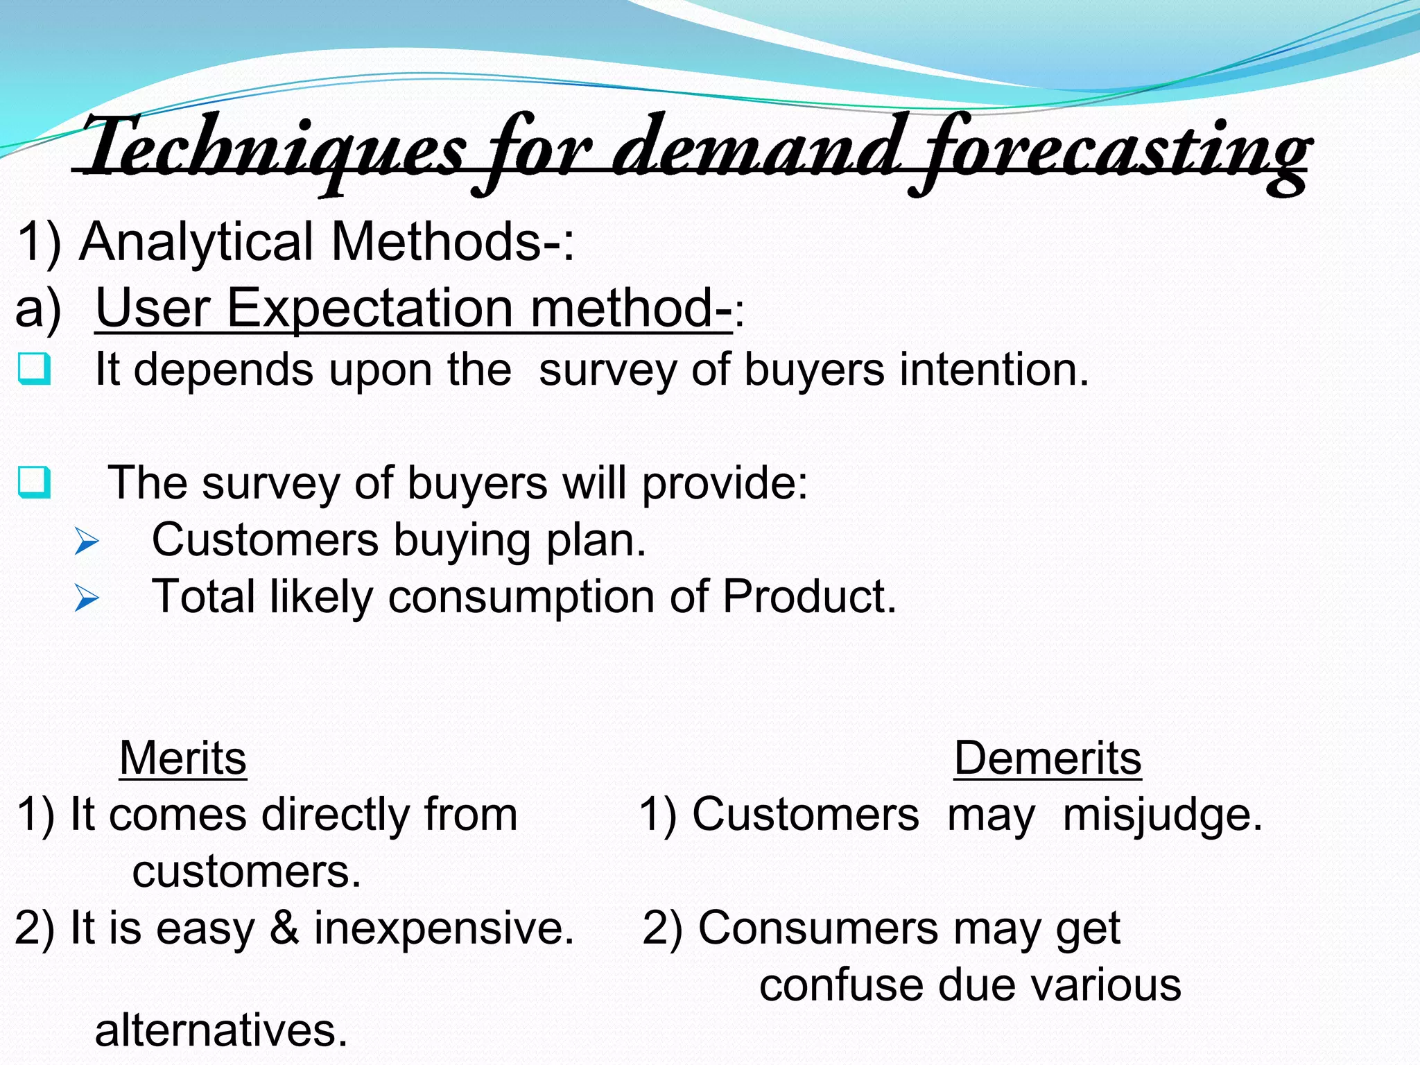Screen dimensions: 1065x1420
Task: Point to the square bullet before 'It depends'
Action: pyautogui.click(x=34, y=368)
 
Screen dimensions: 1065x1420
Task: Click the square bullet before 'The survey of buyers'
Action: pyautogui.click(x=34, y=483)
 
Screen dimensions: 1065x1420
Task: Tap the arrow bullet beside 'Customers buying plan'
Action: pyautogui.click(x=87, y=541)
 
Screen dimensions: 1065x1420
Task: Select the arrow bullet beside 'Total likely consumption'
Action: pyautogui.click(x=87, y=598)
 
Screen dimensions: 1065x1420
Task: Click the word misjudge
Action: pyautogui.click(x=1162, y=815)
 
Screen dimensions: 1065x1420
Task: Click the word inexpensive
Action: pyautogui.click(x=444, y=929)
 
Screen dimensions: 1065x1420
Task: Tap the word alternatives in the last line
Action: pyautogui.click(x=220, y=1030)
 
